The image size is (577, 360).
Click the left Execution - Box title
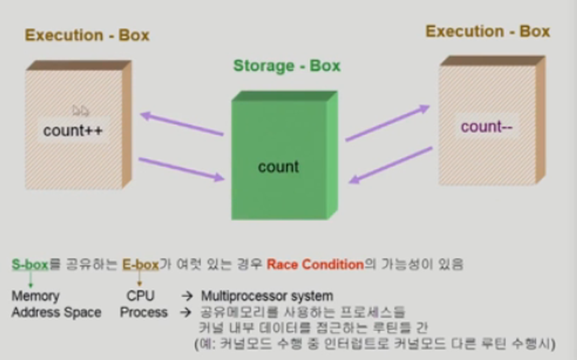pyautogui.click(x=87, y=35)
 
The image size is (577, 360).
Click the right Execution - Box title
pyautogui.click(x=488, y=31)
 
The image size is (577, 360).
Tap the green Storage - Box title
pyautogui.click(x=287, y=66)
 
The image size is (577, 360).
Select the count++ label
pyautogui.click(x=73, y=131)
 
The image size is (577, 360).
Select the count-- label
pyautogui.click(x=487, y=126)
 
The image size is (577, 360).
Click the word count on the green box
pyautogui.click(x=278, y=167)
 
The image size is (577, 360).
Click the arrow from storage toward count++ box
pyautogui.click(x=182, y=124)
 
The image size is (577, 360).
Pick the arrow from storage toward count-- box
pyautogui.click(x=387, y=123)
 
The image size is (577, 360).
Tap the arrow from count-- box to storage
pyautogui.click(x=391, y=165)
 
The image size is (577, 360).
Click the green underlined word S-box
pyautogui.click(x=30, y=265)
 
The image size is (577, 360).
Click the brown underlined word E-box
pyautogui.click(x=140, y=265)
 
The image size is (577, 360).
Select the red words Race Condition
pyautogui.click(x=315, y=265)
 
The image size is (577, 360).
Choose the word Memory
pyautogui.click(x=36, y=296)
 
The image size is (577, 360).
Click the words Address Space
pyautogui.click(x=56, y=312)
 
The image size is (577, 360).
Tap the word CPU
pyautogui.click(x=140, y=296)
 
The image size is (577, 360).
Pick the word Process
pyautogui.click(x=144, y=312)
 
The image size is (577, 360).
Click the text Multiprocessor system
pyautogui.click(x=267, y=296)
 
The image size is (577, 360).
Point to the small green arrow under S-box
pyautogui.click(x=30, y=279)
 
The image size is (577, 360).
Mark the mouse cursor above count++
pyautogui.click(x=81, y=111)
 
